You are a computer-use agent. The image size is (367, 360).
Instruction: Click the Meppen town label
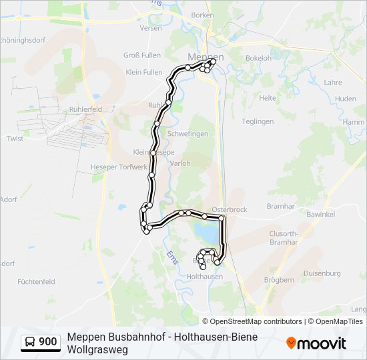point(206,57)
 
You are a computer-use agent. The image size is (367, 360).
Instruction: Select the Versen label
point(151,28)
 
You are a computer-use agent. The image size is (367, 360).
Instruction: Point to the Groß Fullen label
point(141,55)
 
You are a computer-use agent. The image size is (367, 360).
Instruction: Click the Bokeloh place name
point(258,58)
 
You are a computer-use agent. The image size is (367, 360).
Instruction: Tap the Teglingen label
point(258,121)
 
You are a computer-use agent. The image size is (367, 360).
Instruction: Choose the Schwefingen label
point(188,133)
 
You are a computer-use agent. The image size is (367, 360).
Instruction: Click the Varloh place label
point(180,163)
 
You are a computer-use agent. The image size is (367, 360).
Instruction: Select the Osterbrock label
point(229,209)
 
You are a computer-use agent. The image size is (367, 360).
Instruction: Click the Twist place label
point(15,139)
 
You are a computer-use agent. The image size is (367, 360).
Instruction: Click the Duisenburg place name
point(322,273)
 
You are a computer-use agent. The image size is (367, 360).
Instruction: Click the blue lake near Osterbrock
point(207,232)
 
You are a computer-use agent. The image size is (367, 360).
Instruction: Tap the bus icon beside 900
point(31,342)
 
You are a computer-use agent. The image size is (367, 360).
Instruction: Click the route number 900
point(48,342)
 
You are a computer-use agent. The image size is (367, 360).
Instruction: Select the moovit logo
point(316,343)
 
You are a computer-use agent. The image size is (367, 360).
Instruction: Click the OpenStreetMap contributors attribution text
point(256,321)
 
